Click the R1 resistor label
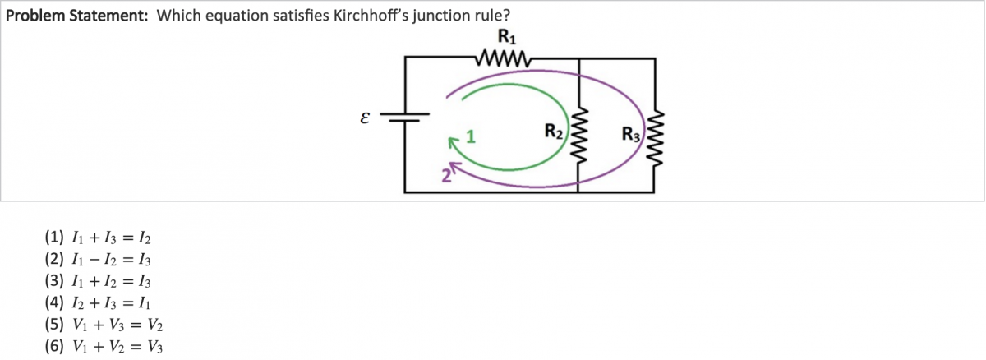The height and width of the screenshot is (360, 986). [507, 37]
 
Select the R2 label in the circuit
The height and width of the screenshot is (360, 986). [554, 130]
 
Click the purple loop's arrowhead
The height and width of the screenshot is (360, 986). [454, 167]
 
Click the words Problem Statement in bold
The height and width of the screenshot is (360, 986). [76, 16]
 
